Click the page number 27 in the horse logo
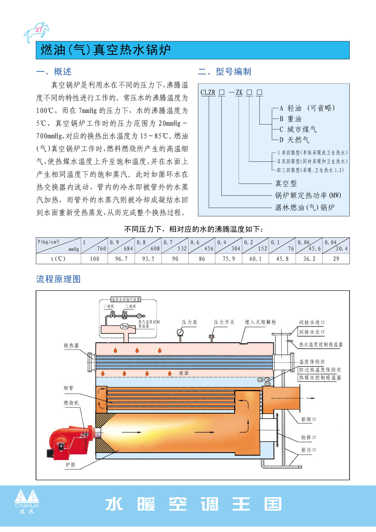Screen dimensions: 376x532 click(39, 30)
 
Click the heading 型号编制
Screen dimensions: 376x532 click(233, 72)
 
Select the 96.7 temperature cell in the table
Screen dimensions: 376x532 click(121, 259)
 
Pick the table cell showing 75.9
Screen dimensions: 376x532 click(229, 259)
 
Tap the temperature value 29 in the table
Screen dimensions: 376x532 click(336, 259)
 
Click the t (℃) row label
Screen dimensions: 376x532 click(58, 259)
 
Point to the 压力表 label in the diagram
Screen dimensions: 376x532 click(190, 322)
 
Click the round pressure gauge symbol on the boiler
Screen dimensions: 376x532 click(180, 332)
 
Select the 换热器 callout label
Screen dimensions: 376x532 click(71, 345)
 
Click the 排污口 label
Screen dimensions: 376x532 click(309, 450)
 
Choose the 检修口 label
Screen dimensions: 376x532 click(309, 437)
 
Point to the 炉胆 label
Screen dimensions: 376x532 click(70, 465)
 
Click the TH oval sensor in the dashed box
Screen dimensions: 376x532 click(125, 326)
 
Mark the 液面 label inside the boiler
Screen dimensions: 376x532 click(184, 373)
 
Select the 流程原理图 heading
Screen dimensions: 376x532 click(59, 279)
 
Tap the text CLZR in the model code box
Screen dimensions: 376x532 click(208, 92)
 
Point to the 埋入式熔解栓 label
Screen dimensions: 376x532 click(260, 322)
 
